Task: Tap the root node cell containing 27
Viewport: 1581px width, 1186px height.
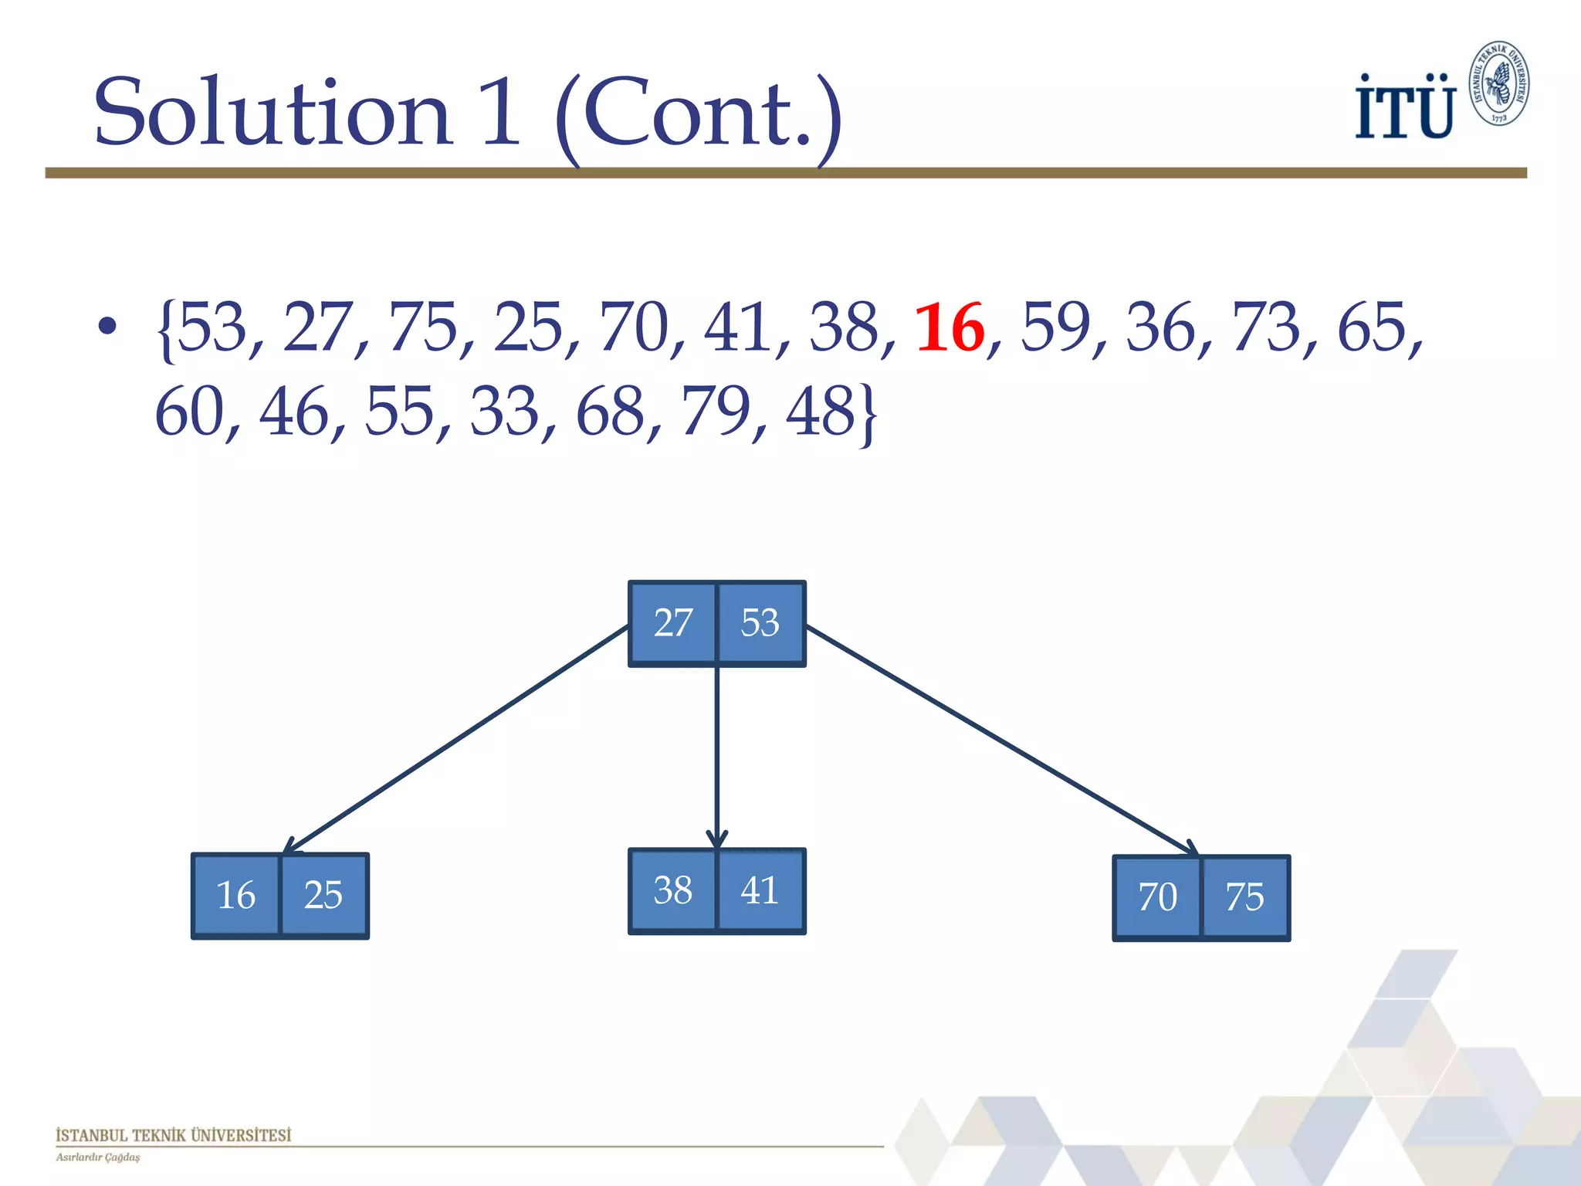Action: point(673,622)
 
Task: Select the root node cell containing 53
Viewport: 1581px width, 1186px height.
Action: point(761,622)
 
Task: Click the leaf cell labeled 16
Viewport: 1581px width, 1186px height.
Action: point(236,896)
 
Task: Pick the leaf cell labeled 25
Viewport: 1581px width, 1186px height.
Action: point(323,896)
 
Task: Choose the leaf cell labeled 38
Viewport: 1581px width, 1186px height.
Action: point(673,890)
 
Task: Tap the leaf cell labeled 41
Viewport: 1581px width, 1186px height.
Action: point(760,890)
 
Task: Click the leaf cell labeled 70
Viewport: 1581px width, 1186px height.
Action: point(1157,897)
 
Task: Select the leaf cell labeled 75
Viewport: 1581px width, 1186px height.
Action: point(1245,897)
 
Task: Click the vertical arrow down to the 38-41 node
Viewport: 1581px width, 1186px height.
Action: point(717,757)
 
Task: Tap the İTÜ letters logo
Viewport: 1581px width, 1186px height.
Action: point(1405,108)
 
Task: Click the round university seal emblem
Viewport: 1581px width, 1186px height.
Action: point(1499,83)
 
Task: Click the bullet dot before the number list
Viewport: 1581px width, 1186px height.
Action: point(107,326)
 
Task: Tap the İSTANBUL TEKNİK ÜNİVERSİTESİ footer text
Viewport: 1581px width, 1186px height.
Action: point(174,1135)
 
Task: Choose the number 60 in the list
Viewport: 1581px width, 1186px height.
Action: point(189,412)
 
